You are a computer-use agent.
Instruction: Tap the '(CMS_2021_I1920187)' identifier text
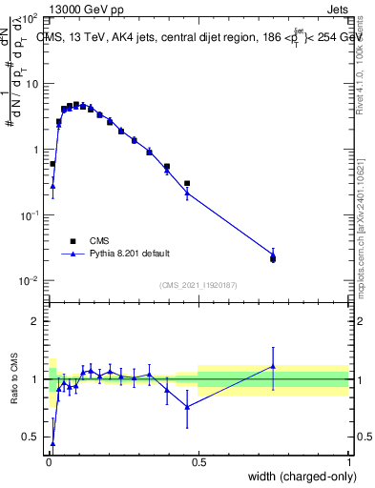198,284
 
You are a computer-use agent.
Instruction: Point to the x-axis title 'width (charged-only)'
297,476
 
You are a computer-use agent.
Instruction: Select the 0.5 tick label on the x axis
198,462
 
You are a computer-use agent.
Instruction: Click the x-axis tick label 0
48,462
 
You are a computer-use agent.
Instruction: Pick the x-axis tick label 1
348,462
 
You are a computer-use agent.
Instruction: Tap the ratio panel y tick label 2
38,321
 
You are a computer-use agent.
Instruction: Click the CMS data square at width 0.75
273,258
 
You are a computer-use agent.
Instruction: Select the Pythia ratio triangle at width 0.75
273,366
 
